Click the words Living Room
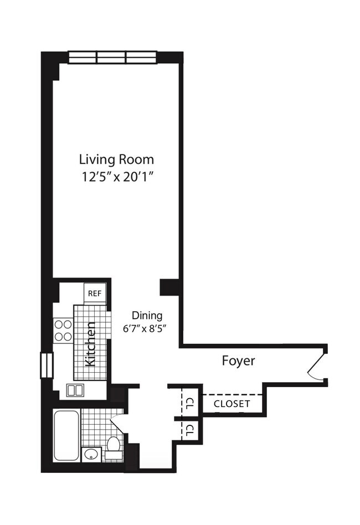click(x=116, y=159)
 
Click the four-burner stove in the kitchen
click(x=63, y=330)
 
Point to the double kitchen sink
click(x=75, y=390)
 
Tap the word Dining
click(x=147, y=316)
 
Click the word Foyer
click(x=238, y=361)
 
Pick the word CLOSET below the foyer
click(x=232, y=404)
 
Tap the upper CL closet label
click(x=189, y=402)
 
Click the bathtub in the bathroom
click(x=66, y=435)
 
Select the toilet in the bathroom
click(x=114, y=447)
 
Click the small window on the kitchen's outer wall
click(x=45, y=366)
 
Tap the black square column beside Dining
click(x=168, y=287)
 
